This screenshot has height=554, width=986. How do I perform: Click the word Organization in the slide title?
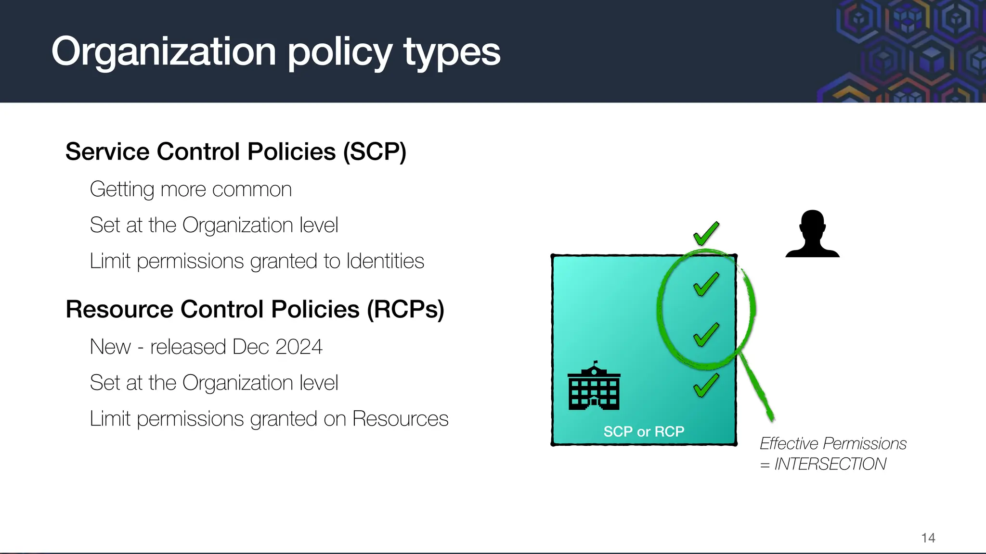(164, 52)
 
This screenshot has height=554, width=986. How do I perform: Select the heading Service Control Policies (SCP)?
(236, 152)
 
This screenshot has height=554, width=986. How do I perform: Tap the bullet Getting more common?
(191, 189)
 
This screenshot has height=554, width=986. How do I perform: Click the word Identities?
(385, 261)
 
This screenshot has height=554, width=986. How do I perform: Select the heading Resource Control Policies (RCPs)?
(255, 309)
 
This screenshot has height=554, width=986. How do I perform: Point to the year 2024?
(298, 347)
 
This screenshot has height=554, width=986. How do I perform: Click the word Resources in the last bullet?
(400, 419)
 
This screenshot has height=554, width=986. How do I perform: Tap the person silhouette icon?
(812, 235)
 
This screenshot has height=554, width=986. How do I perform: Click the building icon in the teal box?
(594, 388)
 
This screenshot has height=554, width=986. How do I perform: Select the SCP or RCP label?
(644, 432)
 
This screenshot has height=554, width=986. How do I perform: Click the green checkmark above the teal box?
(706, 234)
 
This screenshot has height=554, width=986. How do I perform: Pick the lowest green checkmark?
(706, 385)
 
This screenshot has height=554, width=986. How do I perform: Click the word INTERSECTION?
(830, 464)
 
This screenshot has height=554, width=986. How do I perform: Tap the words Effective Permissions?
(833, 443)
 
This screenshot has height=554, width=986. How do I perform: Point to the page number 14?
(928, 538)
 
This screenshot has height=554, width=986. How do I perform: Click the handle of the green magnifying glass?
(758, 390)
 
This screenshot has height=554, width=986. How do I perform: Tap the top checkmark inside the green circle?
(706, 284)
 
